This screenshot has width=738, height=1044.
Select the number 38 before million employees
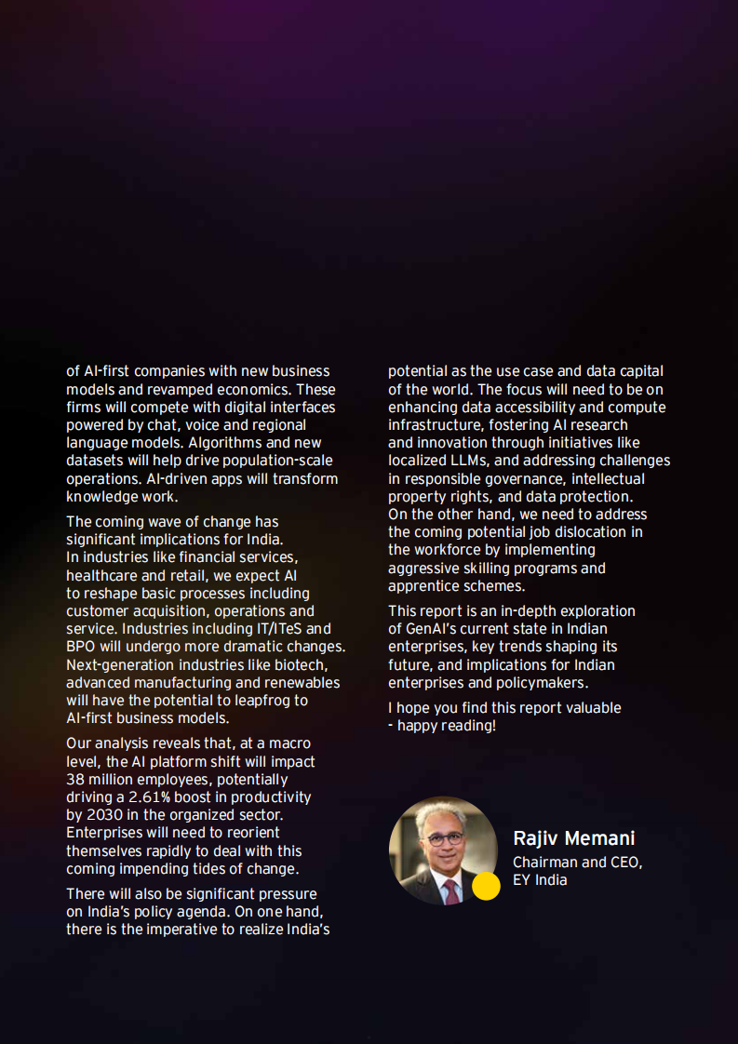(75, 780)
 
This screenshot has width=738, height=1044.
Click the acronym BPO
(82, 647)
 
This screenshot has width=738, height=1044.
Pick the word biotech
(302, 664)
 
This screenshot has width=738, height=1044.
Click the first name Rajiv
(536, 838)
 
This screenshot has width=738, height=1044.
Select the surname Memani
(599, 838)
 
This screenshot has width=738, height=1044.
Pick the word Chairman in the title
(544, 863)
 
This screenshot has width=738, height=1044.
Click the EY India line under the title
(540, 880)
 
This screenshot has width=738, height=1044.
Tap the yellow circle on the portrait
(486, 887)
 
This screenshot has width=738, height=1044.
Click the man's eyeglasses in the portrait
(446, 838)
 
